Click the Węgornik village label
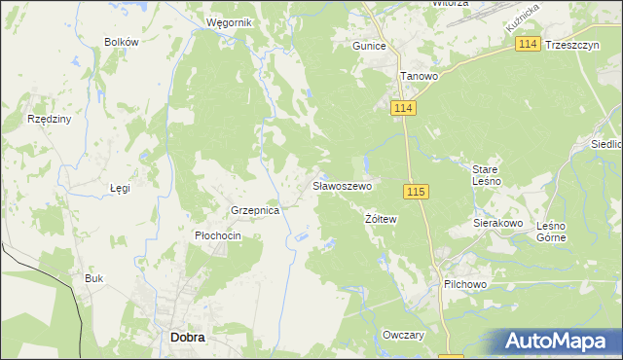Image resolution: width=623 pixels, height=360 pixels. click(x=230, y=21)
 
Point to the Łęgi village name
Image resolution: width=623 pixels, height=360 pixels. click(x=120, y=188)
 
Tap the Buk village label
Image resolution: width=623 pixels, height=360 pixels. click(x=93, y=278)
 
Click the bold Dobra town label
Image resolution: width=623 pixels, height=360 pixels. click(x=187, y=337)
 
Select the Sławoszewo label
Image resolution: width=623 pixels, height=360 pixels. click(x=342, y=185)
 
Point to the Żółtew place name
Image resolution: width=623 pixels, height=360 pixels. click(x=381, y=219)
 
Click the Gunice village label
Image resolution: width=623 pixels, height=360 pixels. click(x=370, y=46)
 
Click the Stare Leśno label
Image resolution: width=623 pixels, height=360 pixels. click(x=487, y=174)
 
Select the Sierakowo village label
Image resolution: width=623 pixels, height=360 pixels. click(x=498, y=223)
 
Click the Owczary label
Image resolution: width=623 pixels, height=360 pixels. click(x=404, y=335)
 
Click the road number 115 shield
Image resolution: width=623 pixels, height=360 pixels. click(x=416, y=192)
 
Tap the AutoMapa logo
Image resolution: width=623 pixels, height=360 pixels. click(x=560, y=342)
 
